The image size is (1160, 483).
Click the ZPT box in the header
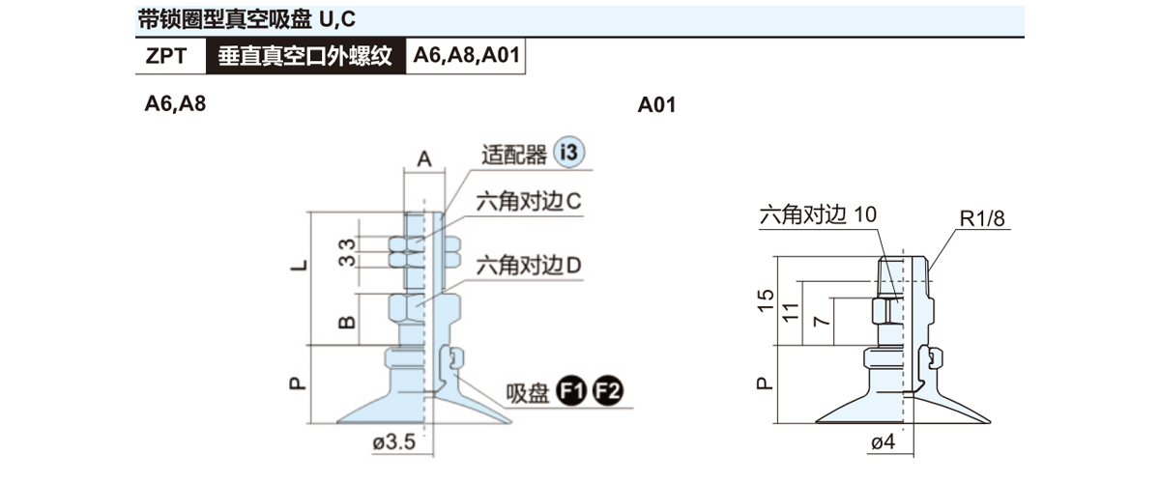click(x=170, y=56)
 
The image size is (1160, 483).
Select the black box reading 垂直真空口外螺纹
click(x=304, y=56)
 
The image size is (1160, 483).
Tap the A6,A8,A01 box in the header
click(x=467, y=56)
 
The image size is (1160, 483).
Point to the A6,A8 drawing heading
click(x=175, y=104)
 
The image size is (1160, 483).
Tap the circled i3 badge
click(x=571, y=153)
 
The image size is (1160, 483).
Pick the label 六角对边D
click(x=527, y=264)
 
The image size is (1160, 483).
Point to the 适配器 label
click(x=513, y=155)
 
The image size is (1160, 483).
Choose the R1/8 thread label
click(x=984, y=220)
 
